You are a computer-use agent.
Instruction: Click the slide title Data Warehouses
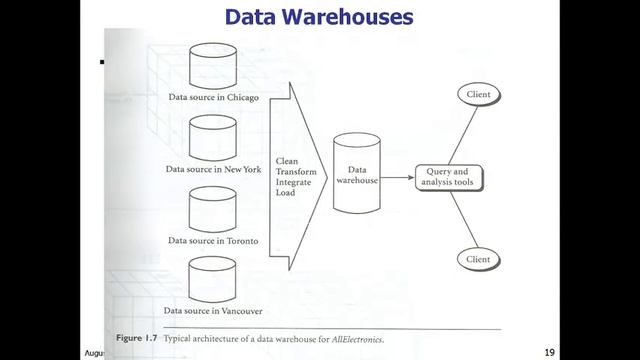coord(319,17)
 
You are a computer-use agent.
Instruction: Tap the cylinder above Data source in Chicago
coord(213,66)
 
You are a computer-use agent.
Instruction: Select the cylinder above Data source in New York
coord(213,138)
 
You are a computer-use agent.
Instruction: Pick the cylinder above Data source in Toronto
coord(212,210)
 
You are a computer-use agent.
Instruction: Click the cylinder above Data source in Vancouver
coord(212,280)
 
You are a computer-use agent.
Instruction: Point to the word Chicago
coord(243,98)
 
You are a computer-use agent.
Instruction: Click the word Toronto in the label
coord(242,241)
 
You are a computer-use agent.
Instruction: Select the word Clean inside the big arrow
coord(287,161)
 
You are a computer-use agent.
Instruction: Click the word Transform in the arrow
coord(296,172)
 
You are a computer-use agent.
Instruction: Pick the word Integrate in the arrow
coord(293,182)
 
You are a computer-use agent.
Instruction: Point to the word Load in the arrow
coord(285,193)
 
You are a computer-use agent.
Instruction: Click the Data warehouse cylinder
coord(357,173)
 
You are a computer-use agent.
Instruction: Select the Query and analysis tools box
coord(449,178)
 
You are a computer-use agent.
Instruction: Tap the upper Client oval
coord(479,95)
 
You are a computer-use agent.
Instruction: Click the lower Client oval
coord(478,260)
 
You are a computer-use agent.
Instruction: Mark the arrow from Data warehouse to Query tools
coord(398,178)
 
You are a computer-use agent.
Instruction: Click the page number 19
coord(549,353)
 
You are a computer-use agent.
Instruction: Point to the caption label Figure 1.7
coord(136,338)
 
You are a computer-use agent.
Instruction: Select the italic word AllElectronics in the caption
coord(358,339)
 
